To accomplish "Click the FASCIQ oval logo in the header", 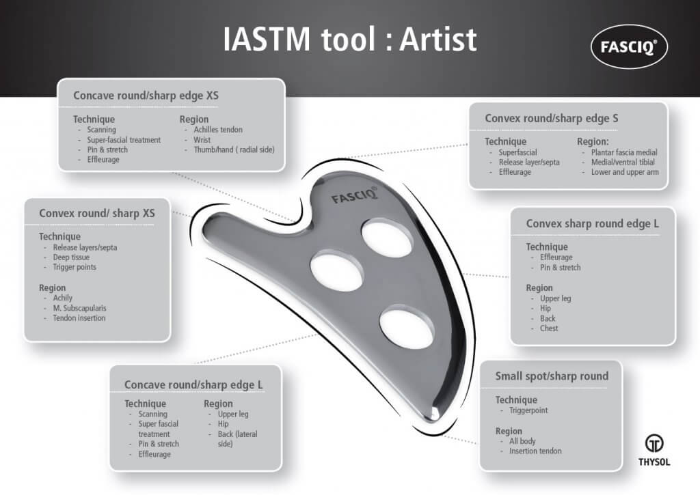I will (628, 46).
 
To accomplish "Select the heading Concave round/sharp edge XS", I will (146, 96).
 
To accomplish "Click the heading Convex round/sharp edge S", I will (552, 119).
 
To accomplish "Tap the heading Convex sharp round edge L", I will (592, 223).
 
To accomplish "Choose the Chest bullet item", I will (549, 328).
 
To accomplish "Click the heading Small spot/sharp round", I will (552, 376).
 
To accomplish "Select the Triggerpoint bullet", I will (528, 410).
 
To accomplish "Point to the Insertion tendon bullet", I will (535, 451).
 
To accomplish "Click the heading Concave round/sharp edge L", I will (193, 385).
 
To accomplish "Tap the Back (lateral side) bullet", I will (237, 439).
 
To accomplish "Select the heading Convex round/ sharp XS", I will (97, 213).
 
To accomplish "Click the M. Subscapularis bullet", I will (79, 308).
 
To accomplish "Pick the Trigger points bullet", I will (75, 267).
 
